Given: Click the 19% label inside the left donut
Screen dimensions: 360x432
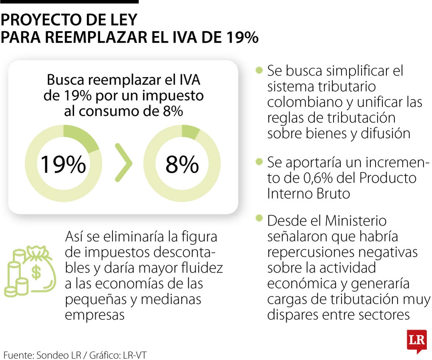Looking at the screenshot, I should click(x=63, y=164).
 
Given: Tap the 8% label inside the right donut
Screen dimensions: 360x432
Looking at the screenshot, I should click(x=182, y=164).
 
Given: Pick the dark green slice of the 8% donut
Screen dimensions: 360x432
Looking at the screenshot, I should click(x=190, y=131).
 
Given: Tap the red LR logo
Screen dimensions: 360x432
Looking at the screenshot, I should click(x=416, y=341).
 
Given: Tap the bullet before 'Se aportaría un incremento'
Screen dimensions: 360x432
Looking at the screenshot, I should click(x=259, y=162).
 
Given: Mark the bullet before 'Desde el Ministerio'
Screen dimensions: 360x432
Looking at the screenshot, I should click(x=259, y=218).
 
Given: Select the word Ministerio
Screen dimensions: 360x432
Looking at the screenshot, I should click(x=356, y=221).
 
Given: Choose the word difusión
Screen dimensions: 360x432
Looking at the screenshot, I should click(x=384, y=133).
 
